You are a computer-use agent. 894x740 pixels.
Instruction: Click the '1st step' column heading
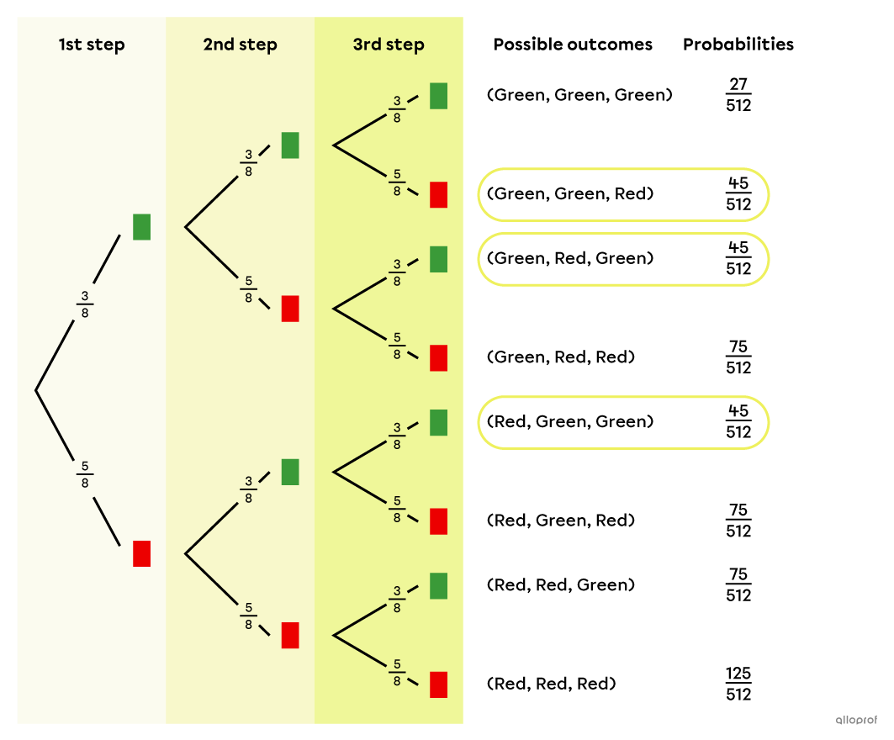(x=92, y=45)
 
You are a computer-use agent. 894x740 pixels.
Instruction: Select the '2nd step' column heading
(x=240, y=45)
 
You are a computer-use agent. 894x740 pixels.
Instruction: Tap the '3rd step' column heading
(x=389, y=45)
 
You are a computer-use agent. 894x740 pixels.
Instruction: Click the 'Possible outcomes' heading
(x=573, y=45)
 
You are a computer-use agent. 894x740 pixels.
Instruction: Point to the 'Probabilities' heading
(x=738, y=45)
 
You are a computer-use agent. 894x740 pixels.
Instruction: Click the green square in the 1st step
(x=141, y=227)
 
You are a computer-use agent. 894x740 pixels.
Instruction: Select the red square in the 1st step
(x=141, y=553)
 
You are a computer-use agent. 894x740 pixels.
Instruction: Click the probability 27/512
(x=738, y=95)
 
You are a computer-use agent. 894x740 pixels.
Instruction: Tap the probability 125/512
(x=738, y=684)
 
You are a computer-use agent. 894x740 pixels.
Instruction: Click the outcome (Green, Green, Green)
(x=579, y=95)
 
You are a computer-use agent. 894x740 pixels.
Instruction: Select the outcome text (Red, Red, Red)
(x=551, y=684)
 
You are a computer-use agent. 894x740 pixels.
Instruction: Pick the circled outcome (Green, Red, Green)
(x=569, y=258)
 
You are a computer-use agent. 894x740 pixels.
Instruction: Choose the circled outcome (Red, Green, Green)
(x=569, y=421)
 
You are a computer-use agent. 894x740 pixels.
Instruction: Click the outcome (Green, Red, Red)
(x=560, y=357)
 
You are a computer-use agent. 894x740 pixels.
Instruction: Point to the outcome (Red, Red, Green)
(x=560, y=584)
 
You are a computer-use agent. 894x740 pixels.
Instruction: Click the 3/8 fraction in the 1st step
(x=84, y=304)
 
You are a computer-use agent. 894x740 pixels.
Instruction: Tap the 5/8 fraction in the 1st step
(x=84, y=473)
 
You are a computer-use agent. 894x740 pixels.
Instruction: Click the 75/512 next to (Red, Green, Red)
(x=738, y=521)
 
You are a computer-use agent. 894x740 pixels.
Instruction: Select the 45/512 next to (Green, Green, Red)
(x=738, y=194)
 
